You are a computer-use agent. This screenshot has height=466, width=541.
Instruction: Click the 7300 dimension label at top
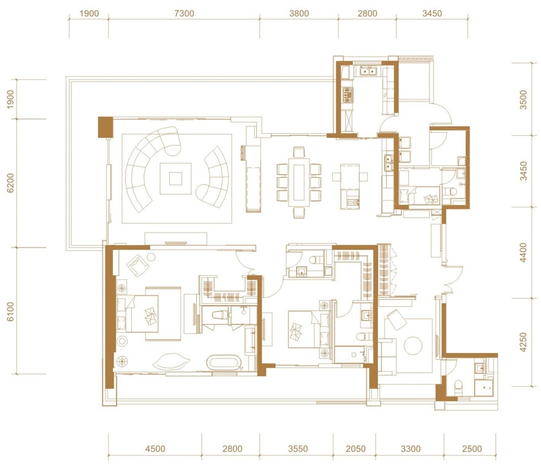point(184,14)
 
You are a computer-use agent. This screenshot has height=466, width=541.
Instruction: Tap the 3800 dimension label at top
point(299,14)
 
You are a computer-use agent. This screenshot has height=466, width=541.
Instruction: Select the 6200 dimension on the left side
point(11,183)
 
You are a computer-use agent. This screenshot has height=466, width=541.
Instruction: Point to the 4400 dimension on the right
point(523,253)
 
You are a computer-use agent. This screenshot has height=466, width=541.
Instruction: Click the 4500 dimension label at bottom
point(156,448)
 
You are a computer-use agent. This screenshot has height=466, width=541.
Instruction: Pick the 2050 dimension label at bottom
point(356,448)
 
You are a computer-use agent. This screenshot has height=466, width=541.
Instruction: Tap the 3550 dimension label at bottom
point(298,448)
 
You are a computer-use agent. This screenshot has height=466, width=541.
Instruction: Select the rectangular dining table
point(299,182)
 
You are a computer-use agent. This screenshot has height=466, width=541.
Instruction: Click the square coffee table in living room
point(175,179)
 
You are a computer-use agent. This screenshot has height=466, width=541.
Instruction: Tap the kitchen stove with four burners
point(347,95)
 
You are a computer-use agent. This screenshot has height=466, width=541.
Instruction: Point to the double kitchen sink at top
point(368,71)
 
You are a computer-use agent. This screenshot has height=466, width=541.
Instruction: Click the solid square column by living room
point(105,127)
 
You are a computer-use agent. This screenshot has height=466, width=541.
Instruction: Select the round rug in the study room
point(413,346)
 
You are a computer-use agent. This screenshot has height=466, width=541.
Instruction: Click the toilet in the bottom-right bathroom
point(458,388)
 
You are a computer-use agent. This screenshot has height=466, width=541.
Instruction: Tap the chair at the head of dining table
point(299,152)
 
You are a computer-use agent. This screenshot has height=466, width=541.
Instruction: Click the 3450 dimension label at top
point(432,14)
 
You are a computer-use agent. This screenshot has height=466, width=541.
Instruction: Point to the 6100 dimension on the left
point(11,311)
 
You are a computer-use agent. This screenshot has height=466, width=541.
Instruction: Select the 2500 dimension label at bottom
point(471,448)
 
